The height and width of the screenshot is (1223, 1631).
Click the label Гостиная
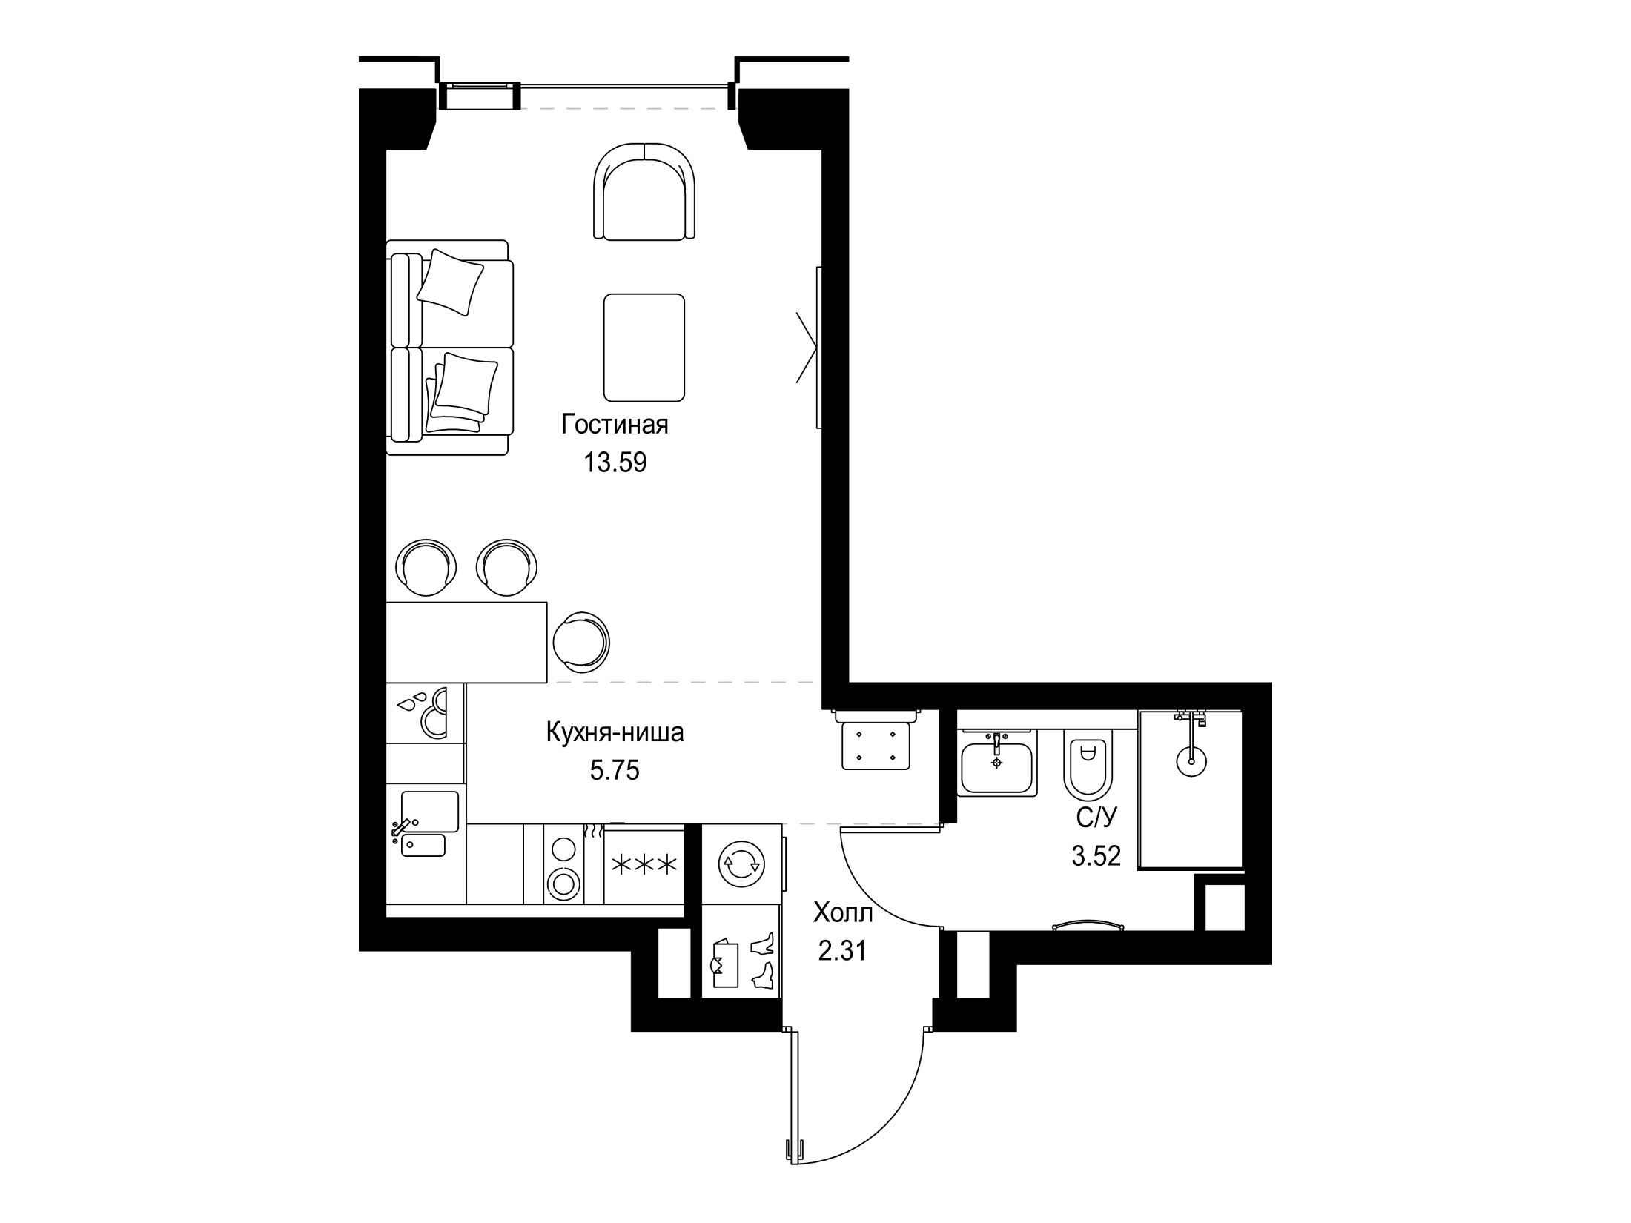615,425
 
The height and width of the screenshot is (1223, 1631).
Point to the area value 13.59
615,463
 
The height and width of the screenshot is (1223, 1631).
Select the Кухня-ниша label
615,733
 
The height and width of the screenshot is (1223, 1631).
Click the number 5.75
615,771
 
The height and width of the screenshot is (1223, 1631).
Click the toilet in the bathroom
1086,773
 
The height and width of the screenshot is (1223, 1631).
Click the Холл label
844,912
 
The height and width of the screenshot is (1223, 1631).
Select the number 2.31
842,950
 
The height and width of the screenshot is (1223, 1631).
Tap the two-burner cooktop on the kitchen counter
563,864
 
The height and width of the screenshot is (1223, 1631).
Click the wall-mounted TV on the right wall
818,347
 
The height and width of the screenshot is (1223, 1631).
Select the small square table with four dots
877,746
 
